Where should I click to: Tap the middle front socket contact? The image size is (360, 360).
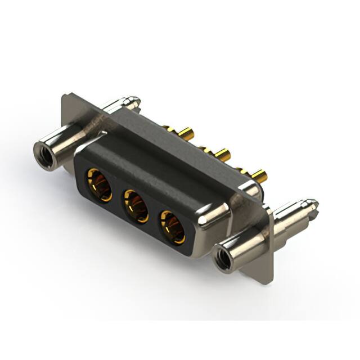click(x=135, y=205)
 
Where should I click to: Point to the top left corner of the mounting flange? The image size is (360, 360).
click(x=64, y=95)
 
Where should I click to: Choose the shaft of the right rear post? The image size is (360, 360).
click(x=292, y=217)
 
